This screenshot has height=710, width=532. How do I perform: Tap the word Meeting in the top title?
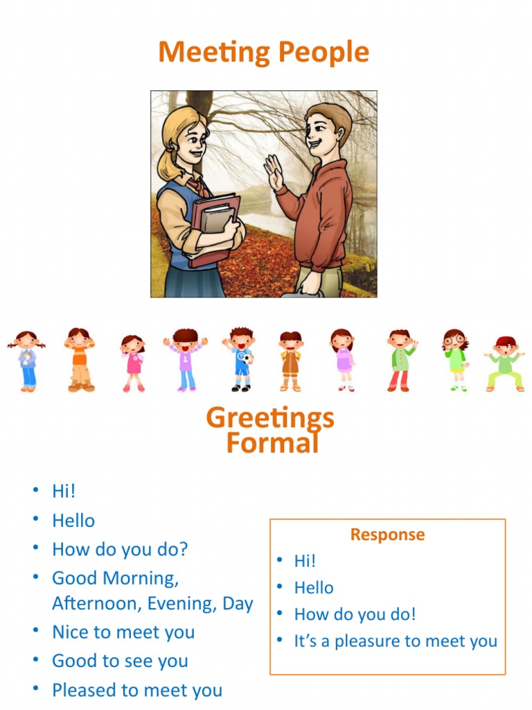click(x=215, y=53)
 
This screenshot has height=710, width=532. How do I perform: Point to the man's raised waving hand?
click(x=273, y=172)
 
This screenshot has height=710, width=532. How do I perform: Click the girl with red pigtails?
click(x=27, y=361)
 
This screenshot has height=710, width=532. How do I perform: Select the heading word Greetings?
click(x=270, y=418)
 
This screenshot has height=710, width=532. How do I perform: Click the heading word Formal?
click(x=272, y=442)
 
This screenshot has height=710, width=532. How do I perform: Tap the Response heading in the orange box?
click(x=387, y=535)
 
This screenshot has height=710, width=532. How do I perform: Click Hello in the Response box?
click(x=314, y=588)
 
